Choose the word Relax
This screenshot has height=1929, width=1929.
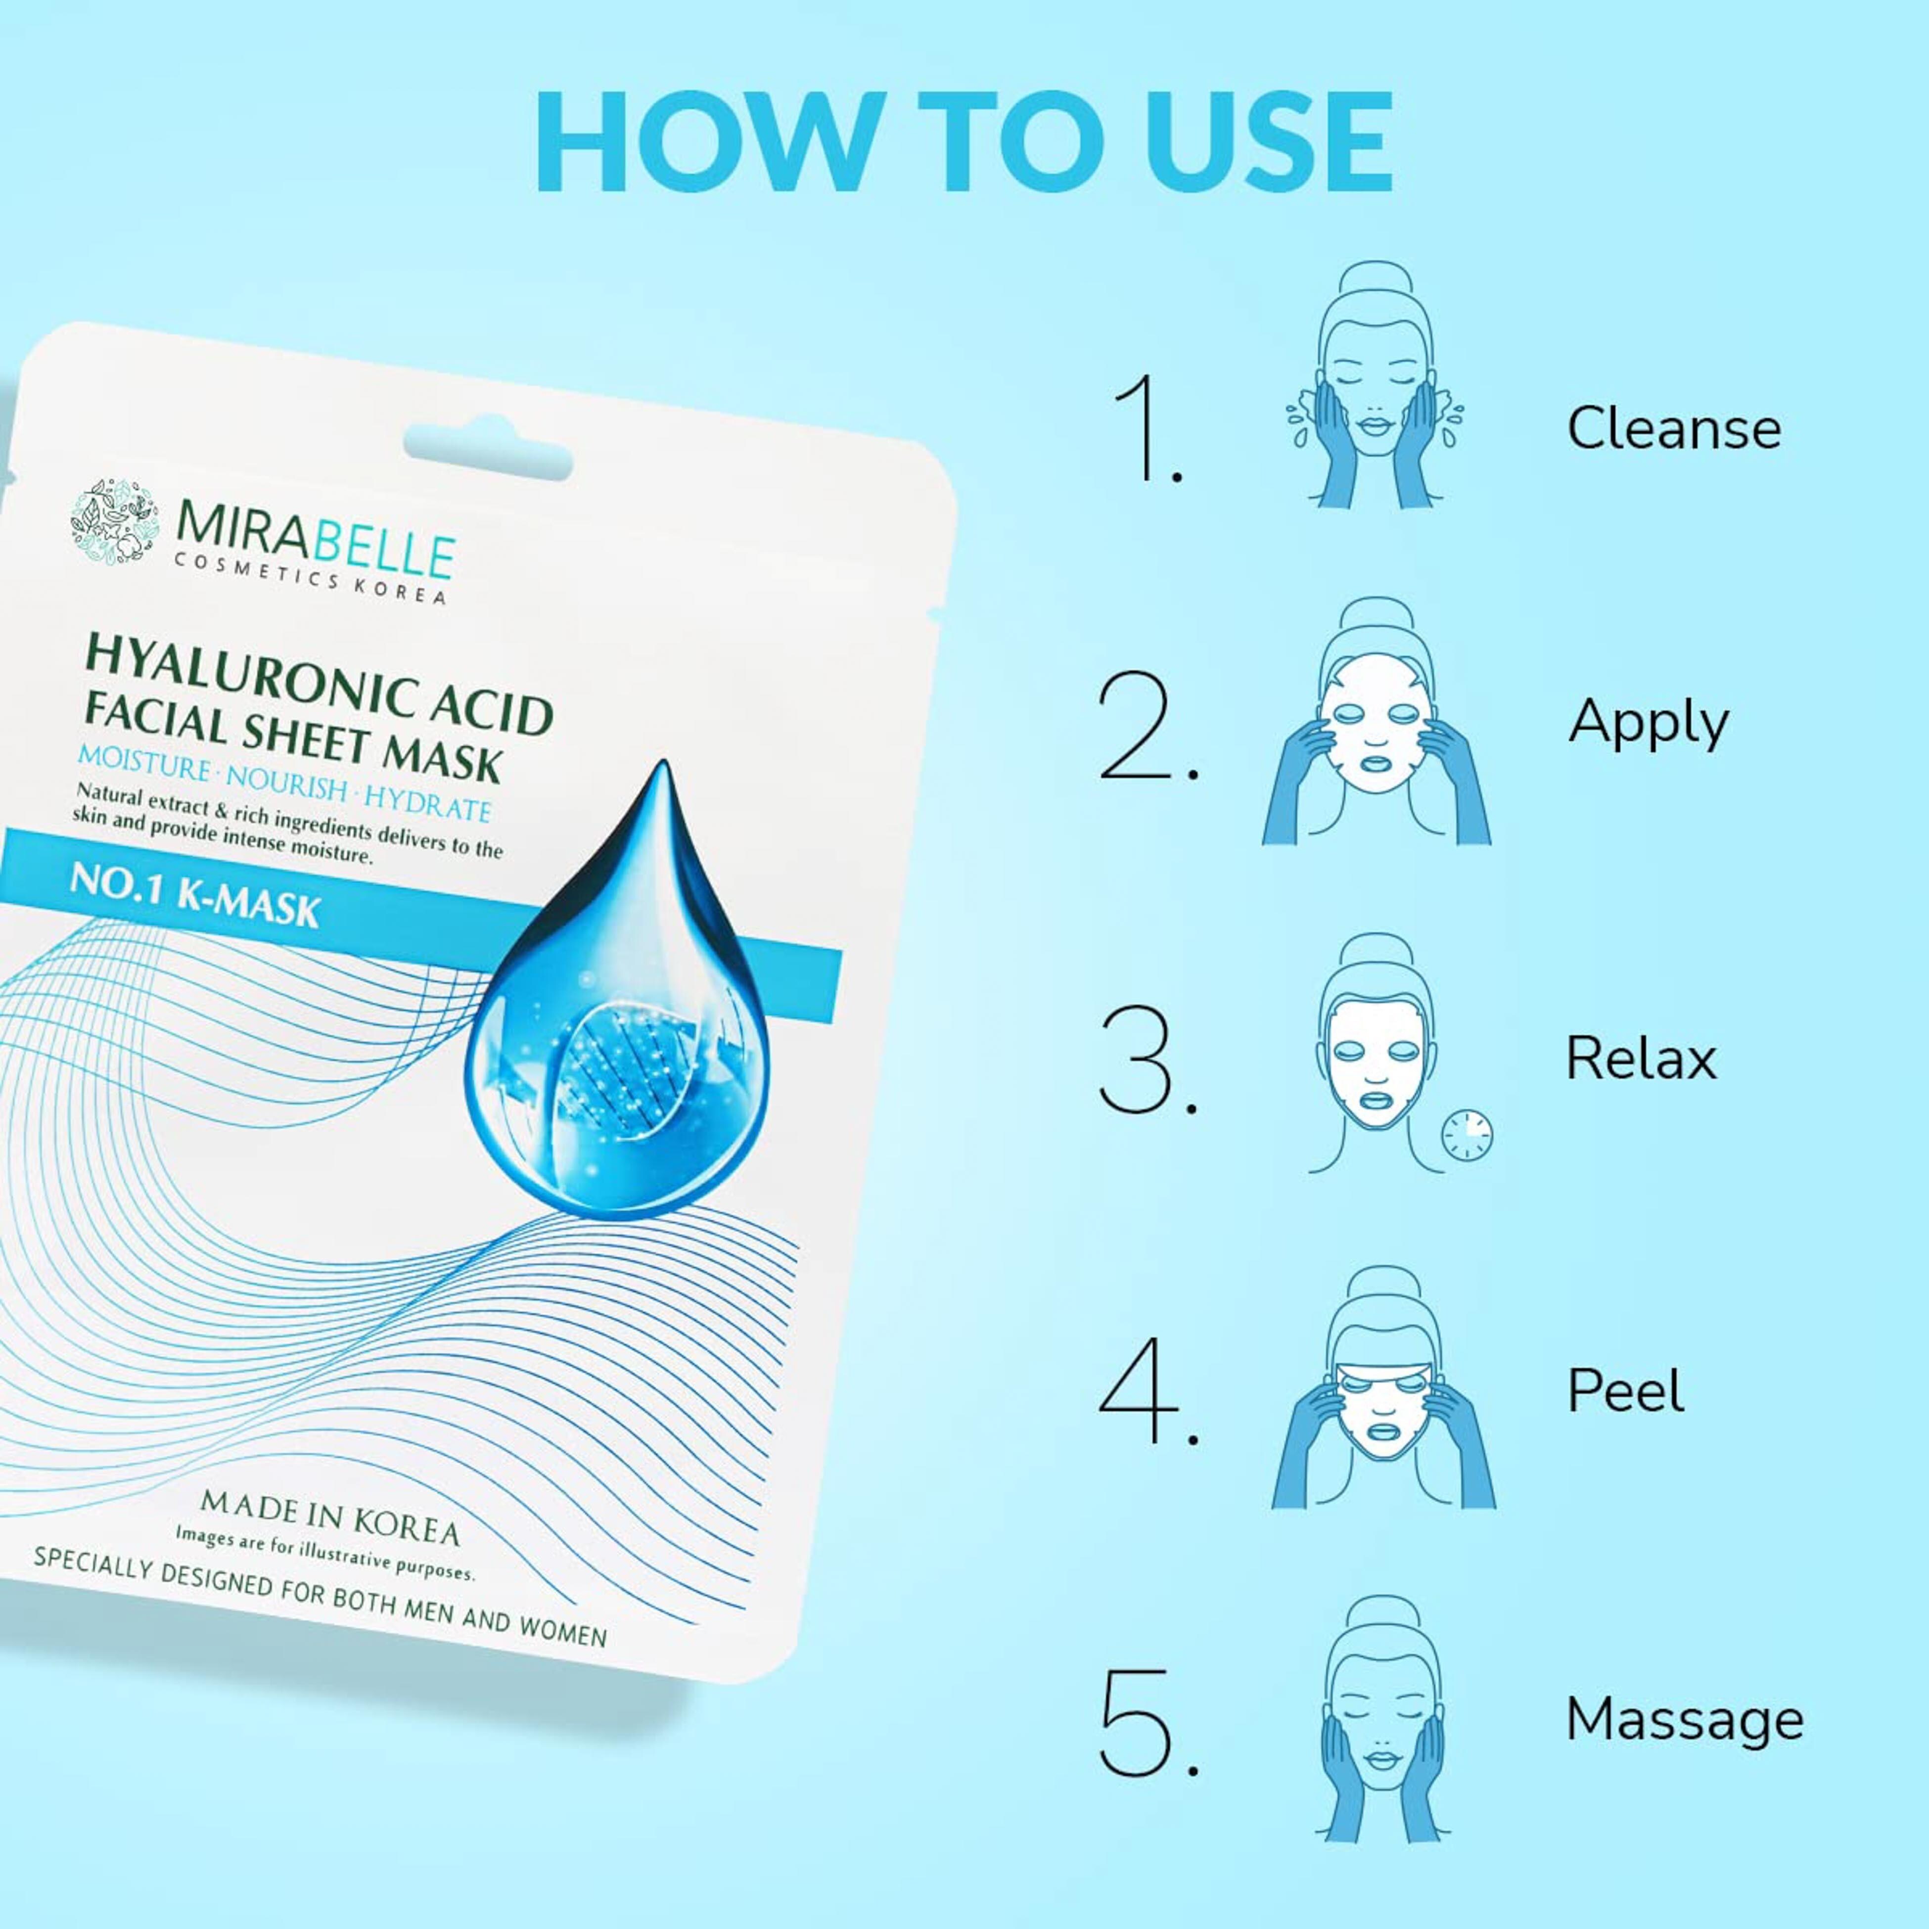1641,1058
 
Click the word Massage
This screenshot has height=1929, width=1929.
1684,1720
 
